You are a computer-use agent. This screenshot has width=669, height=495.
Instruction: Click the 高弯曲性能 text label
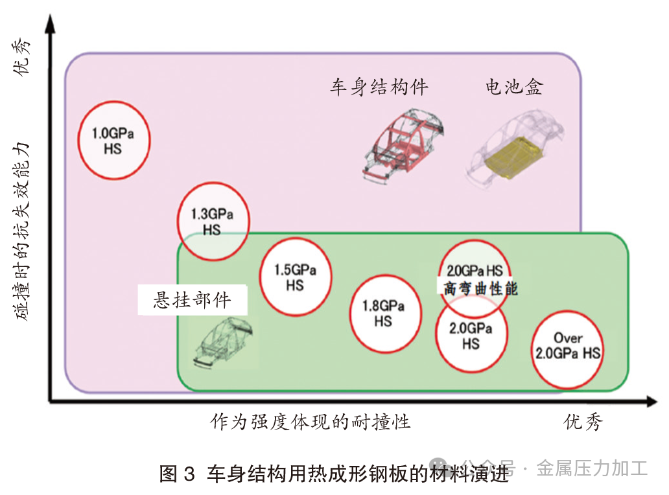(480, 289)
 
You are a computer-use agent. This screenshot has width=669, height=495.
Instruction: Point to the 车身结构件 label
(379, 87)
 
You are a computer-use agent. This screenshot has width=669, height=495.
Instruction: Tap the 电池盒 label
(514, 87)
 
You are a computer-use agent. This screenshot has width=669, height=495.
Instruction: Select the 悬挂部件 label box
(193, 300)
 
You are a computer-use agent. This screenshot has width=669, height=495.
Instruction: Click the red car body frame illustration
(404, 146)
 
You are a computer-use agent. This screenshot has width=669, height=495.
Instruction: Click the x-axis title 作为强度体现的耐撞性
(310, 422)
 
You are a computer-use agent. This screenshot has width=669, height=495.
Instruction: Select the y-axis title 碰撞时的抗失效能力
(21, 231)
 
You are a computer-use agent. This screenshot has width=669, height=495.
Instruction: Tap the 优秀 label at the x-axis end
(583, 422)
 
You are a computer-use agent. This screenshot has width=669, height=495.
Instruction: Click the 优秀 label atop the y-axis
(21, 57)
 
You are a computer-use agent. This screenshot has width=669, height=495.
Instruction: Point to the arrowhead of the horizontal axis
(652, 401)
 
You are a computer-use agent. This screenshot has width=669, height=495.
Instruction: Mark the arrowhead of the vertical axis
(51, 23)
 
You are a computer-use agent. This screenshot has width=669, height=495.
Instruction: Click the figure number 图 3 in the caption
(177, 474)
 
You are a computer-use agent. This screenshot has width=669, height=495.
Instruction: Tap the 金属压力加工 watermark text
(593, 468)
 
